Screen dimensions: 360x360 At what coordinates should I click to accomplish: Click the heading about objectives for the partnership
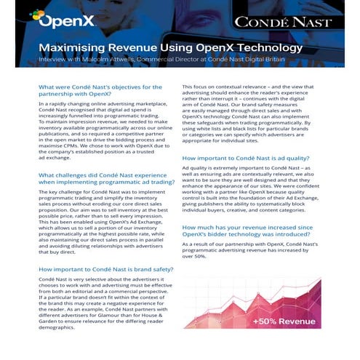click(100, 92)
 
